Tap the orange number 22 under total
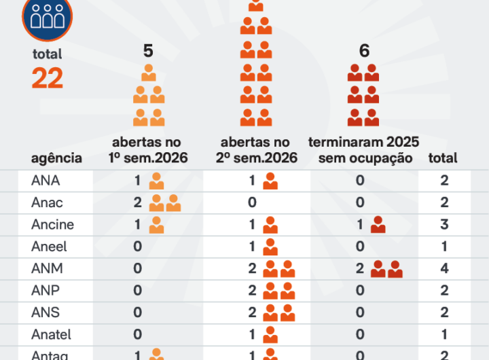(x=47, y=79)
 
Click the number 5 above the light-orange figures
(x=149, y=51)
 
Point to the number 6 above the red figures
(x=364, y=51)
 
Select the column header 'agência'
(x=56, y=158)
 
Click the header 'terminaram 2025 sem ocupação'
(x=364, y=150)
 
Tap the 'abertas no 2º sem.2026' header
(x=256, y=150)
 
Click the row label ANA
(x=46, y=181)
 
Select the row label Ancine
(x=52, y=225)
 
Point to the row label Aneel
(x=49, y=247)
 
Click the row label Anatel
(x=51, y=334)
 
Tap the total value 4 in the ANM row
(x=444, y=268)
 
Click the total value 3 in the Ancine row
(x=444, y=225)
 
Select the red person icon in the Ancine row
(x=378, y=225)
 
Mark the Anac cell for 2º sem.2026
(x=252, y=202)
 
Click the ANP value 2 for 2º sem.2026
(x=252, y=291)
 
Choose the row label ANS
(x=46, y=312)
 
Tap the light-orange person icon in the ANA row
(x=157, y=181)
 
